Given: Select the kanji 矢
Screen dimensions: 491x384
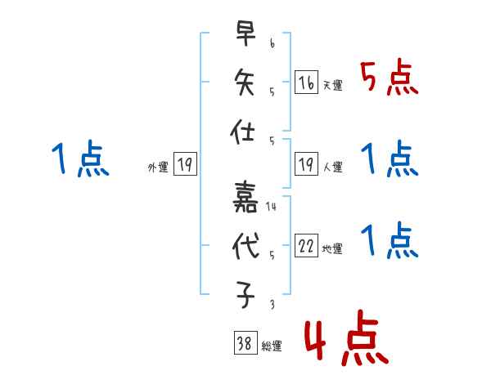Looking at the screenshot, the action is [244, 84].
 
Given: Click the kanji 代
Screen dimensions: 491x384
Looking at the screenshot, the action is [244, 247].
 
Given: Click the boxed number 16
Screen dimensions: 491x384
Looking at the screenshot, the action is [306, 83].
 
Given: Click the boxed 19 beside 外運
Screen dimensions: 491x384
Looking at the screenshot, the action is [184, 166].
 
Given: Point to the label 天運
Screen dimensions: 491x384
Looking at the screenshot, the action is [332, 86].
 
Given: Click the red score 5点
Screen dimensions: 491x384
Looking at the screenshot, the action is [390, 79].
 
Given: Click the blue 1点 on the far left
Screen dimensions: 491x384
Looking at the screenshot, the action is [79, 159].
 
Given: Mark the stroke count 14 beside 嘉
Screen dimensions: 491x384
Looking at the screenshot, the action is [271, 207].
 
